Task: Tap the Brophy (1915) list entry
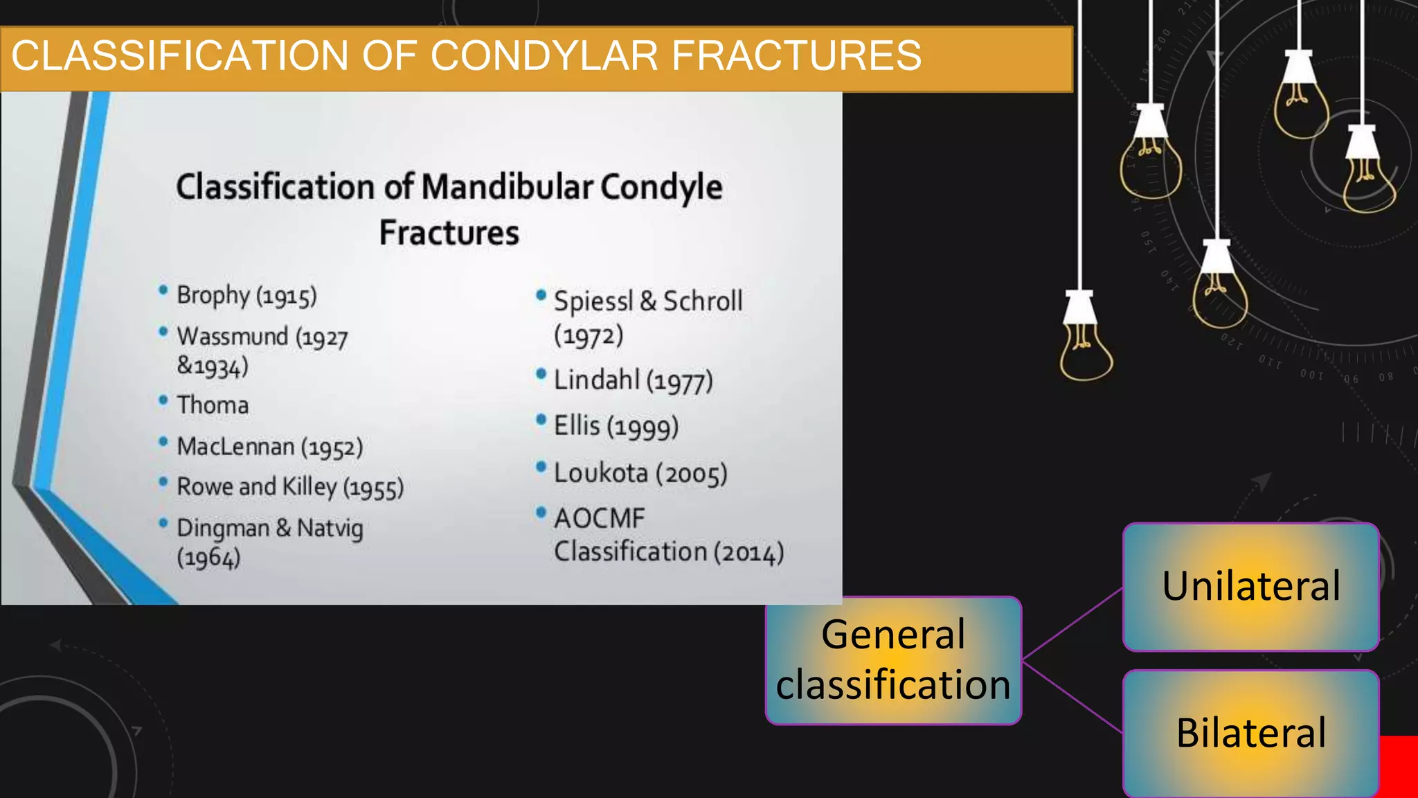tap(246, 296)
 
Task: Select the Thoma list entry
tap(213, 405)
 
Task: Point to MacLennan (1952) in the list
tap(269, 447)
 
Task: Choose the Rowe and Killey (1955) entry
tap(289, 488)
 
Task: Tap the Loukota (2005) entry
tap(640, 474)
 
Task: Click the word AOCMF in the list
tap(599, 519)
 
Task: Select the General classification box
tap(893, 660)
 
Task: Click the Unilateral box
tap(1250, 587)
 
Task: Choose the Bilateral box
tap(1250, 733)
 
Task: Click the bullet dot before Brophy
tap(163, 290)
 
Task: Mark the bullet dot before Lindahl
tap(541, 375)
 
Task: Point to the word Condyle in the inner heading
tap(661, 188)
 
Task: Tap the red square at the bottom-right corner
tap(1399, 766)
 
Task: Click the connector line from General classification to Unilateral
tap(1072, 623)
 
